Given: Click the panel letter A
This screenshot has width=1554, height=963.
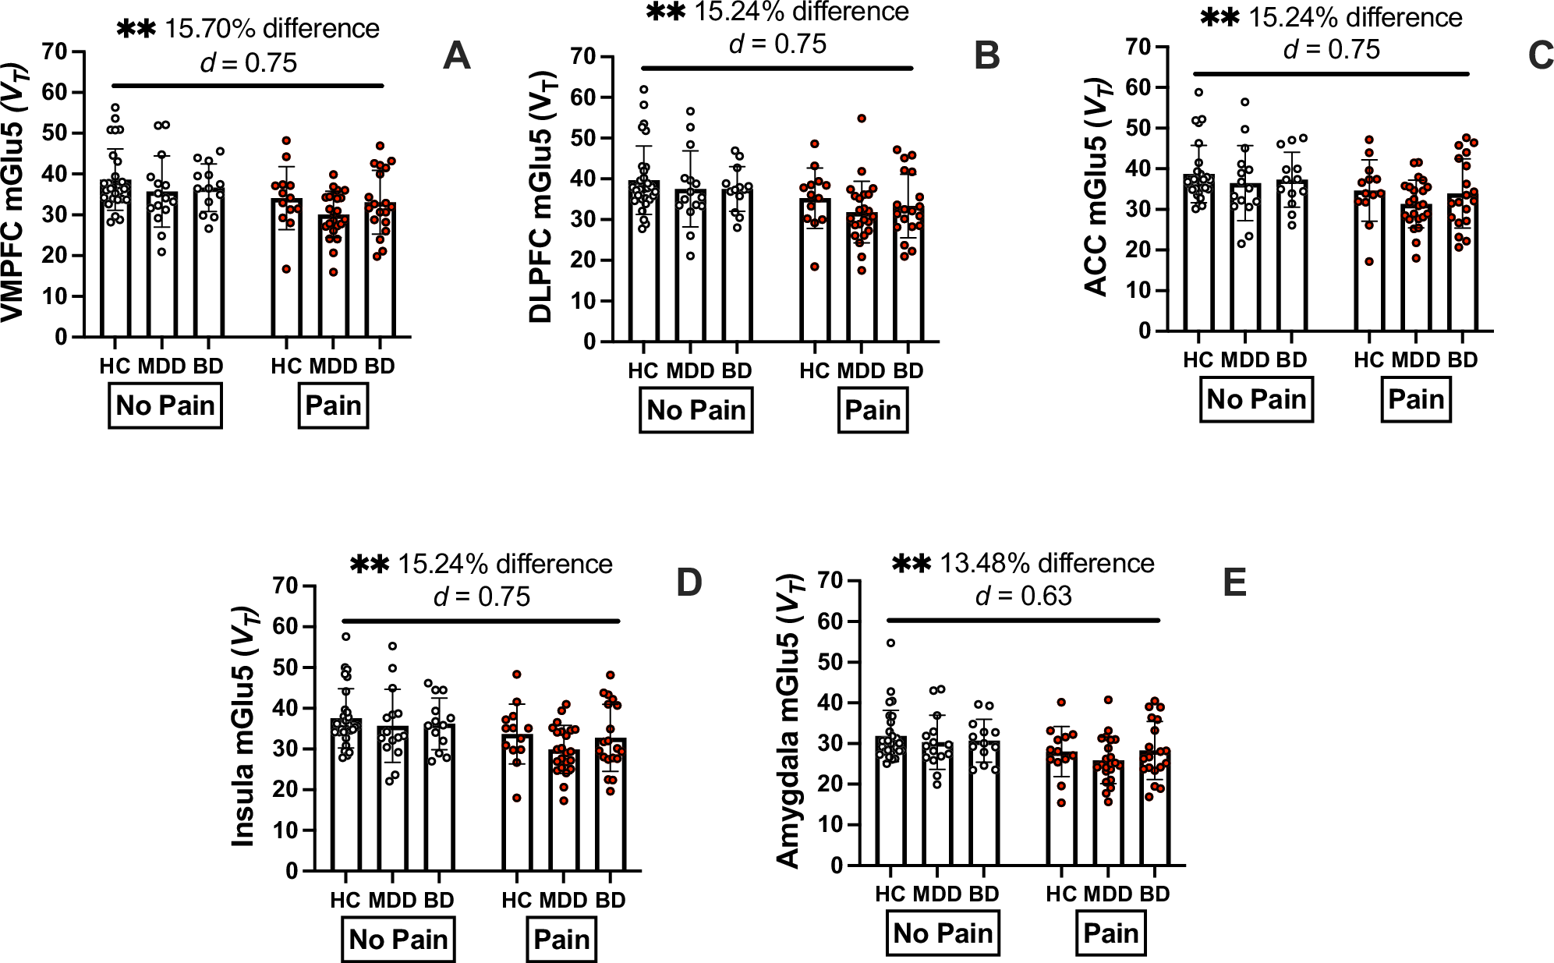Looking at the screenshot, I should (456, 56).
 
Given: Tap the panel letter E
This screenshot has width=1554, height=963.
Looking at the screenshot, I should (1234, 582).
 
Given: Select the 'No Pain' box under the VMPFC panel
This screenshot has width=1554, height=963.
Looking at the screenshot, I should (165, 406).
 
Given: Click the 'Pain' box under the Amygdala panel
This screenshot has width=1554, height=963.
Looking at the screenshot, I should (1111, 933).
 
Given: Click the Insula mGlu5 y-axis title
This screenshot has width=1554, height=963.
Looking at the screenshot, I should (244, 726).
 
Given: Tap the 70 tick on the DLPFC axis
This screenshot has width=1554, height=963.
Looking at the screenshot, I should (582, 57).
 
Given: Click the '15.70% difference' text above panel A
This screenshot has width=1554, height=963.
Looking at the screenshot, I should (271, 29).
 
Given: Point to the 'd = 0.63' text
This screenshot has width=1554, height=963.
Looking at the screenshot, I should (1024, 597).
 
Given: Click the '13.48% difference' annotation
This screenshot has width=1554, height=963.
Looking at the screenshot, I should (1046, 563).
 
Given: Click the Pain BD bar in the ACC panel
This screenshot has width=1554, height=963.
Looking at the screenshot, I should (1463, 262).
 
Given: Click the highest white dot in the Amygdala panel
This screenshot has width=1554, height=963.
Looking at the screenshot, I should (890, 643).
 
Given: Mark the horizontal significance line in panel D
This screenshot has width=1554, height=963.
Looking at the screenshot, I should (480, 621).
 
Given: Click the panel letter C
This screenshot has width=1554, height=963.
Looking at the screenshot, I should (1541, 56).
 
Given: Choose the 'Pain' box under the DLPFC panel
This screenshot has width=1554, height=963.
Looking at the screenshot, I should (873, 411).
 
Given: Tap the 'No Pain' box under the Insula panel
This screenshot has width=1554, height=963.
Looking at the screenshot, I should (398, 940).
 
